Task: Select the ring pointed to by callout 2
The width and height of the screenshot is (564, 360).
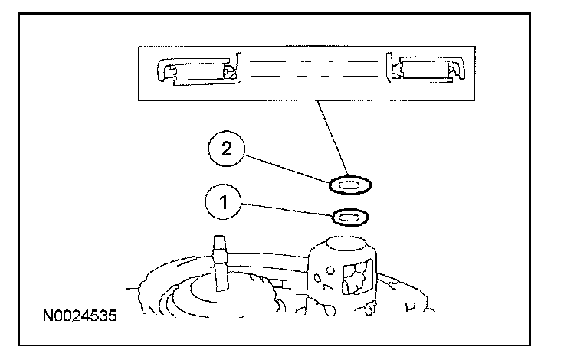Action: (350, 185)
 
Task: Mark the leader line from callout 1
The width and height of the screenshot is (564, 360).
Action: (287, 210)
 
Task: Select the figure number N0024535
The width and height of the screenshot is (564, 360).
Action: (81, 315)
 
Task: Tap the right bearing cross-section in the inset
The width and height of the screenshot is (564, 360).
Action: (425, 72)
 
